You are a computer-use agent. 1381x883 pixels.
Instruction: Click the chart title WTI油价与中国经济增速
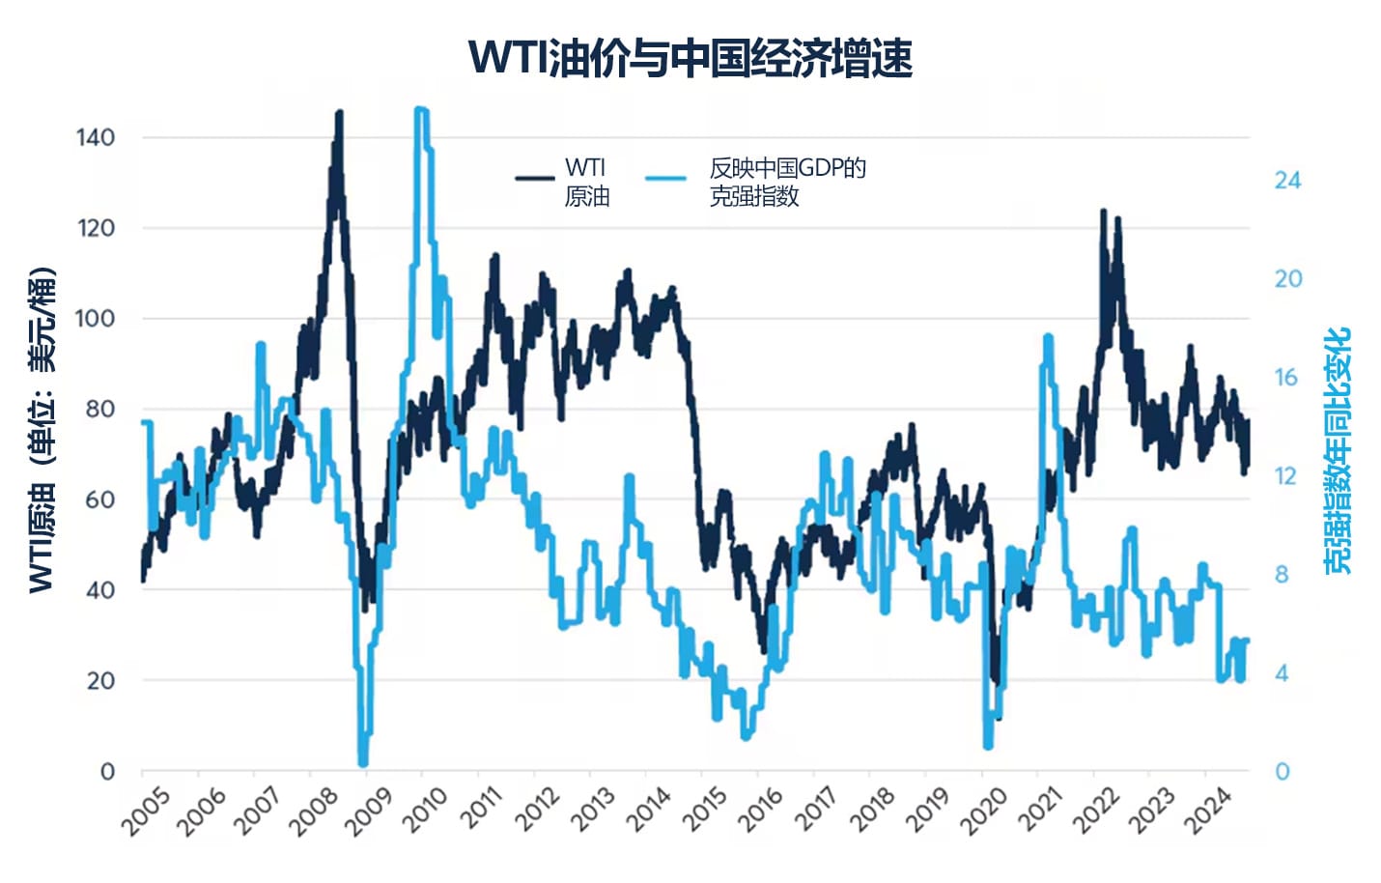pos(690,58)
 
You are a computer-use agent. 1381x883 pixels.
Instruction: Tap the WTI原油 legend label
pos(586,182)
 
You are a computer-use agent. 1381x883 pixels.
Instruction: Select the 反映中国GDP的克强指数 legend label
pos(787,182)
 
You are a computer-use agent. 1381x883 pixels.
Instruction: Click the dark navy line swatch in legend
pos(534,179)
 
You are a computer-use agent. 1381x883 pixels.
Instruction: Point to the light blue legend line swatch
pos(665,179)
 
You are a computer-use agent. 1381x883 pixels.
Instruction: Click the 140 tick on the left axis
pos(95,137)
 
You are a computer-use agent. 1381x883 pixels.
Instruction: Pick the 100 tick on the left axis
pos(95,318)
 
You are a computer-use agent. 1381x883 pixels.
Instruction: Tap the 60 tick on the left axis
pos(99,499)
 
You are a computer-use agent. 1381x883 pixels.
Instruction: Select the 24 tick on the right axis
pos(1287,181)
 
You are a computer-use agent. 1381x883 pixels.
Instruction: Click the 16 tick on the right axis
pos(1285,378)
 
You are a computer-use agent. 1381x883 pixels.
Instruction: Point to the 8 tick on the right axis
pos(1282,575)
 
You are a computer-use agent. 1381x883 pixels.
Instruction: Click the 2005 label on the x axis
pos(147,811)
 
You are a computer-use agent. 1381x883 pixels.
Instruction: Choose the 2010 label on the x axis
pos(426,811)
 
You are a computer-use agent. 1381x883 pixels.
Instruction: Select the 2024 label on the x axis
pos(1208,811)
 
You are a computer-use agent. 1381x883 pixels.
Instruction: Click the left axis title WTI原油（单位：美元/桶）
pos(42,430)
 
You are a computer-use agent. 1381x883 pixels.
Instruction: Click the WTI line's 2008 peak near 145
pos(339,113)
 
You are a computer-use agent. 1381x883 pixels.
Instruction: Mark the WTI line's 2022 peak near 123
pos(1103,211)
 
